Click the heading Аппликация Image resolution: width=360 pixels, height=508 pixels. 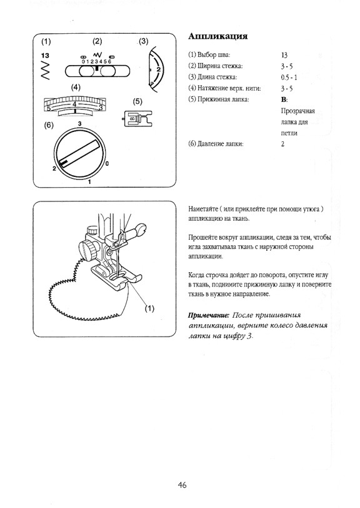click(218, 36)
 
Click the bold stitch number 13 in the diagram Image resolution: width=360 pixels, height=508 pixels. click(45, 56)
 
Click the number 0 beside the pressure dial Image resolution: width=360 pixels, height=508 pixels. click(107, 164)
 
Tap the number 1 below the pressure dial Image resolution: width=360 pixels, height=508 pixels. click(89, 182)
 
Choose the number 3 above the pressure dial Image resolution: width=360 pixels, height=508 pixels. click(79, 124)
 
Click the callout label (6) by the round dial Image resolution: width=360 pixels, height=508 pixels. click(49, 126)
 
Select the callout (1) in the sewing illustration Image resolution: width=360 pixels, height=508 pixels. click(149, 308)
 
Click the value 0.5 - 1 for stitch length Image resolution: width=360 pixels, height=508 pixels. click(289, 78)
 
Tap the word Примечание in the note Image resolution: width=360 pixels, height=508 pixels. click(209, 315)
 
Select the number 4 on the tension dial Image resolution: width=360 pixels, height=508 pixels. click(74, 104)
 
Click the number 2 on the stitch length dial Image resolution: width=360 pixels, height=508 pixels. click(158, 69)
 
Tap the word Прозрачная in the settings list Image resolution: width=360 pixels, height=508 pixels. click(298, 111)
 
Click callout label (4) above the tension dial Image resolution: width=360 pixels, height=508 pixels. click(76, 88)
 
